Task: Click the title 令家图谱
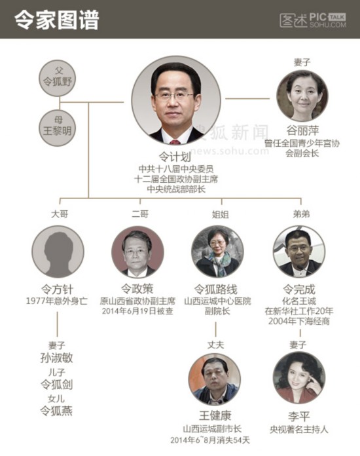tap(57, 20)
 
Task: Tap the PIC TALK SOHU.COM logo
tap(313, 20)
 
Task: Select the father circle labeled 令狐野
tap(58, 78)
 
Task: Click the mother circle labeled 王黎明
tap(58, 127)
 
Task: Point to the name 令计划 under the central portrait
tap(175, 157)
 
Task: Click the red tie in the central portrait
tap(175, 142)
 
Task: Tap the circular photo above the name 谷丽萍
tap(302, 96)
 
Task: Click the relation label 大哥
tap(60, 214)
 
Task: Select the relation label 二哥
tap(140, 214)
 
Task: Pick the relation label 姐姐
tap(221, 215)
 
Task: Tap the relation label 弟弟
tap(301, 214)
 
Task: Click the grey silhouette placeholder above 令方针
tap(58, 252)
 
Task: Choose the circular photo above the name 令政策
tap(137, 252)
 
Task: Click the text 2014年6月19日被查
tap(137, 311)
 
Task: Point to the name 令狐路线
tap(215, 290)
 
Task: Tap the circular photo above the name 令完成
tap(299, 252)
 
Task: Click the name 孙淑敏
tap(57, 358)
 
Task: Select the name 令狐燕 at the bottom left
tap(56, 411)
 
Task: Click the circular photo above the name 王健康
tap(215, 379)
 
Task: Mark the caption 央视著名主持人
tap(298, 430)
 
